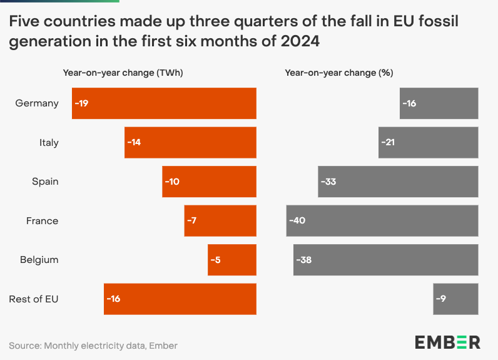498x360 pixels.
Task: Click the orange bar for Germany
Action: [164, 103]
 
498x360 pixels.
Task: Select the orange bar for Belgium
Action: [232, 260]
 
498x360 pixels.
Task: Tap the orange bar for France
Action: [220, 220]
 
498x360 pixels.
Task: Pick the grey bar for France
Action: [382, 220]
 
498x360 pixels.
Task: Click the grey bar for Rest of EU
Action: [455, 299]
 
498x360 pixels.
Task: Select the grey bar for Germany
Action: [439, 103]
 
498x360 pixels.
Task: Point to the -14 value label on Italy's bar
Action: [134, 143]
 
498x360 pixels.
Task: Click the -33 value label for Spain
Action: [328, 182]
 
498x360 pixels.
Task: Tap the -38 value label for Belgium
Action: [303, 260]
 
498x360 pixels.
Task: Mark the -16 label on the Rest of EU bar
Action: [113, 299]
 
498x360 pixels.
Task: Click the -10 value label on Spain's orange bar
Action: [172, 182]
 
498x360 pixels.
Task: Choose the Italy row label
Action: [49, 143]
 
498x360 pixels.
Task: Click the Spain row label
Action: [45, 182]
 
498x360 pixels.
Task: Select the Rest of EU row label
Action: [34, 299]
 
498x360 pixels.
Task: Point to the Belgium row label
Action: [39, 260]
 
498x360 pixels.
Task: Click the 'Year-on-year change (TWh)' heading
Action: [123, 73]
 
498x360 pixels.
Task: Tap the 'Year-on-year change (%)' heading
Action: [338, 73]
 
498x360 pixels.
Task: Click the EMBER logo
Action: [447, 342]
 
